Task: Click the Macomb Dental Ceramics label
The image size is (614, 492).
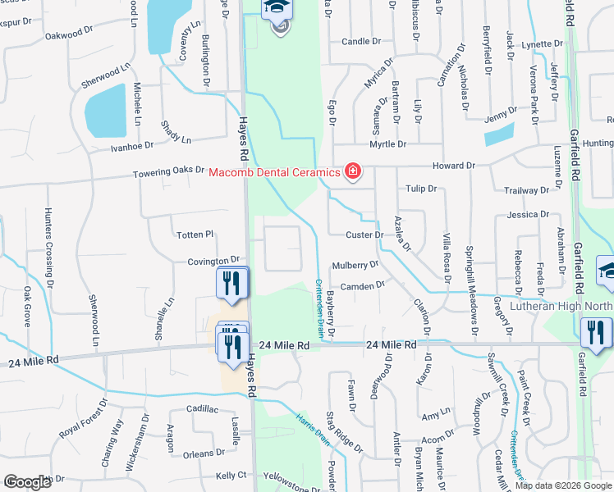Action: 273,172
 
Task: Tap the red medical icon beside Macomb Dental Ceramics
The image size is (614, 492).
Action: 353,171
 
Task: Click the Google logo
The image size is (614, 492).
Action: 27,482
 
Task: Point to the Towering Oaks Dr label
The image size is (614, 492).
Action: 170,171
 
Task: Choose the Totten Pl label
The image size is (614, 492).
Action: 195,235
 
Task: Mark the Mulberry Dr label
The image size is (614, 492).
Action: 355,265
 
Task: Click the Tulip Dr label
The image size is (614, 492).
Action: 420,189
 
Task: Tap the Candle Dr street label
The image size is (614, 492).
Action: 361,41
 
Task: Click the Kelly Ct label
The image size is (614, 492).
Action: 231,476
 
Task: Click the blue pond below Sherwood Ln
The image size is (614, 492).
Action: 105,111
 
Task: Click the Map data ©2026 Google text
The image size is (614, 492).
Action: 563,485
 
